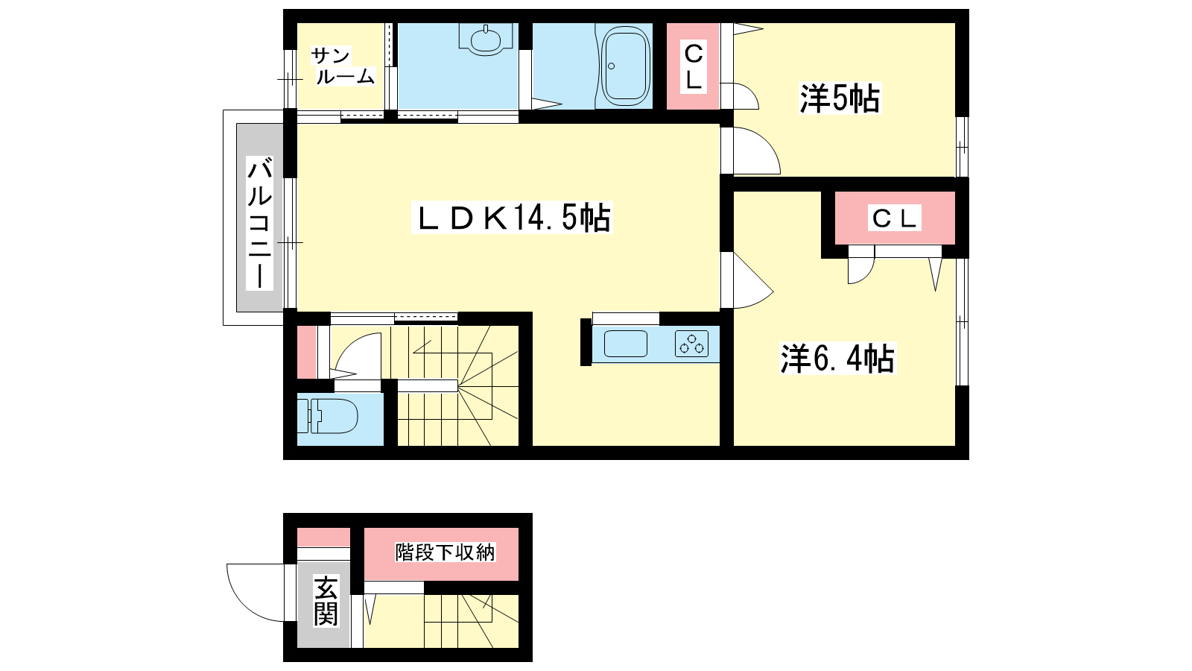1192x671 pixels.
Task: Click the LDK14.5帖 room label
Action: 512,217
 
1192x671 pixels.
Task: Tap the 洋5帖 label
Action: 840,98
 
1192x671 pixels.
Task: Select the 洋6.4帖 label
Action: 837,358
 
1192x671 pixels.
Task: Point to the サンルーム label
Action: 343,66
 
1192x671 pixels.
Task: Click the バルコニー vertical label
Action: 260,223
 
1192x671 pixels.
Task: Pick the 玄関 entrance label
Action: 326,601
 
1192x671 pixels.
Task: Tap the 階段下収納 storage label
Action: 445,552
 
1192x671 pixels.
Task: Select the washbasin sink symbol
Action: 485,40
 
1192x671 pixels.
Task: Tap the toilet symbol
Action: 327,415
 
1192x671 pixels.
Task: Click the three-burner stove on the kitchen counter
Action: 692,344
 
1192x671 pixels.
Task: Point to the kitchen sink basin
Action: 626,344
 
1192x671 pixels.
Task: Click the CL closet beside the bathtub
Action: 693,66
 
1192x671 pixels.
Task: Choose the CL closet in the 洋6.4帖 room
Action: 895,218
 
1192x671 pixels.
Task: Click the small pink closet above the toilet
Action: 306,352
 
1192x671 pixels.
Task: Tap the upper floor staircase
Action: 454,385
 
